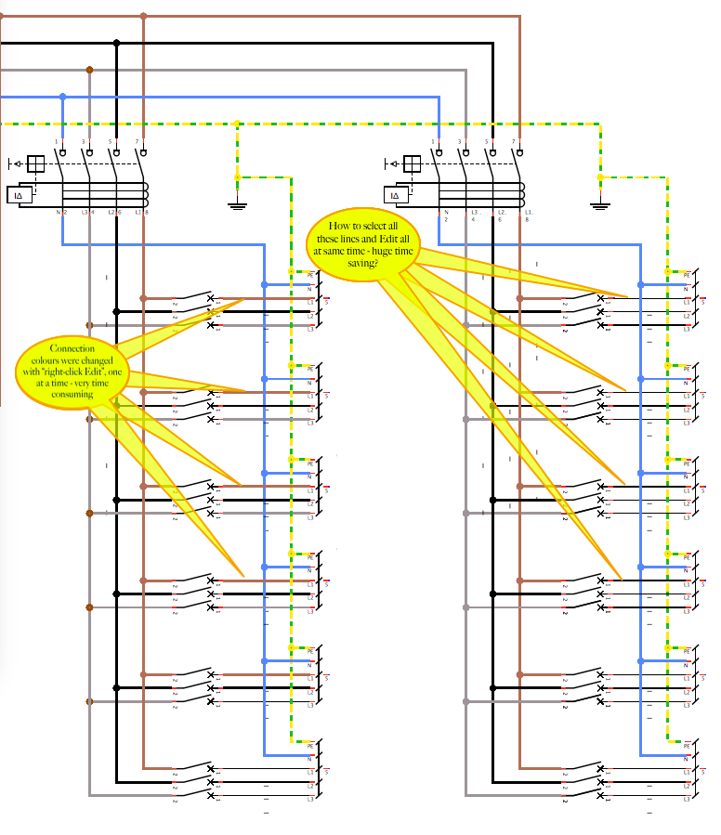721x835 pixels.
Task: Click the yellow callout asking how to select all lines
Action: point(363,243)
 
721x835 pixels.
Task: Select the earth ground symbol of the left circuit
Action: point(237,203)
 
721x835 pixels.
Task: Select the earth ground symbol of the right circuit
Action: point(600,203)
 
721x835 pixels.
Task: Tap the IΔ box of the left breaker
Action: point(20,195)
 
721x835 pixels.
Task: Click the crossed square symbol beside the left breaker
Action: point(35,164)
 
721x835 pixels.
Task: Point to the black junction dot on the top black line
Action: point(116,43)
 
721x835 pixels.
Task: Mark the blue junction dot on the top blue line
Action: point(62,97)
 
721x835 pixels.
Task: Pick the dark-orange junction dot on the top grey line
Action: point(89,70)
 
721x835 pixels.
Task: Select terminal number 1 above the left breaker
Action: point(56,141)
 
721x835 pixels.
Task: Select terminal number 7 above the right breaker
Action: point(514,141)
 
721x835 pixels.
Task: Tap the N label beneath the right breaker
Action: point(446,214)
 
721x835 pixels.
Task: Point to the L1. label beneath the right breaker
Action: point(528,214)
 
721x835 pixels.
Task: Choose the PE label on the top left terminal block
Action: point(310,275)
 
